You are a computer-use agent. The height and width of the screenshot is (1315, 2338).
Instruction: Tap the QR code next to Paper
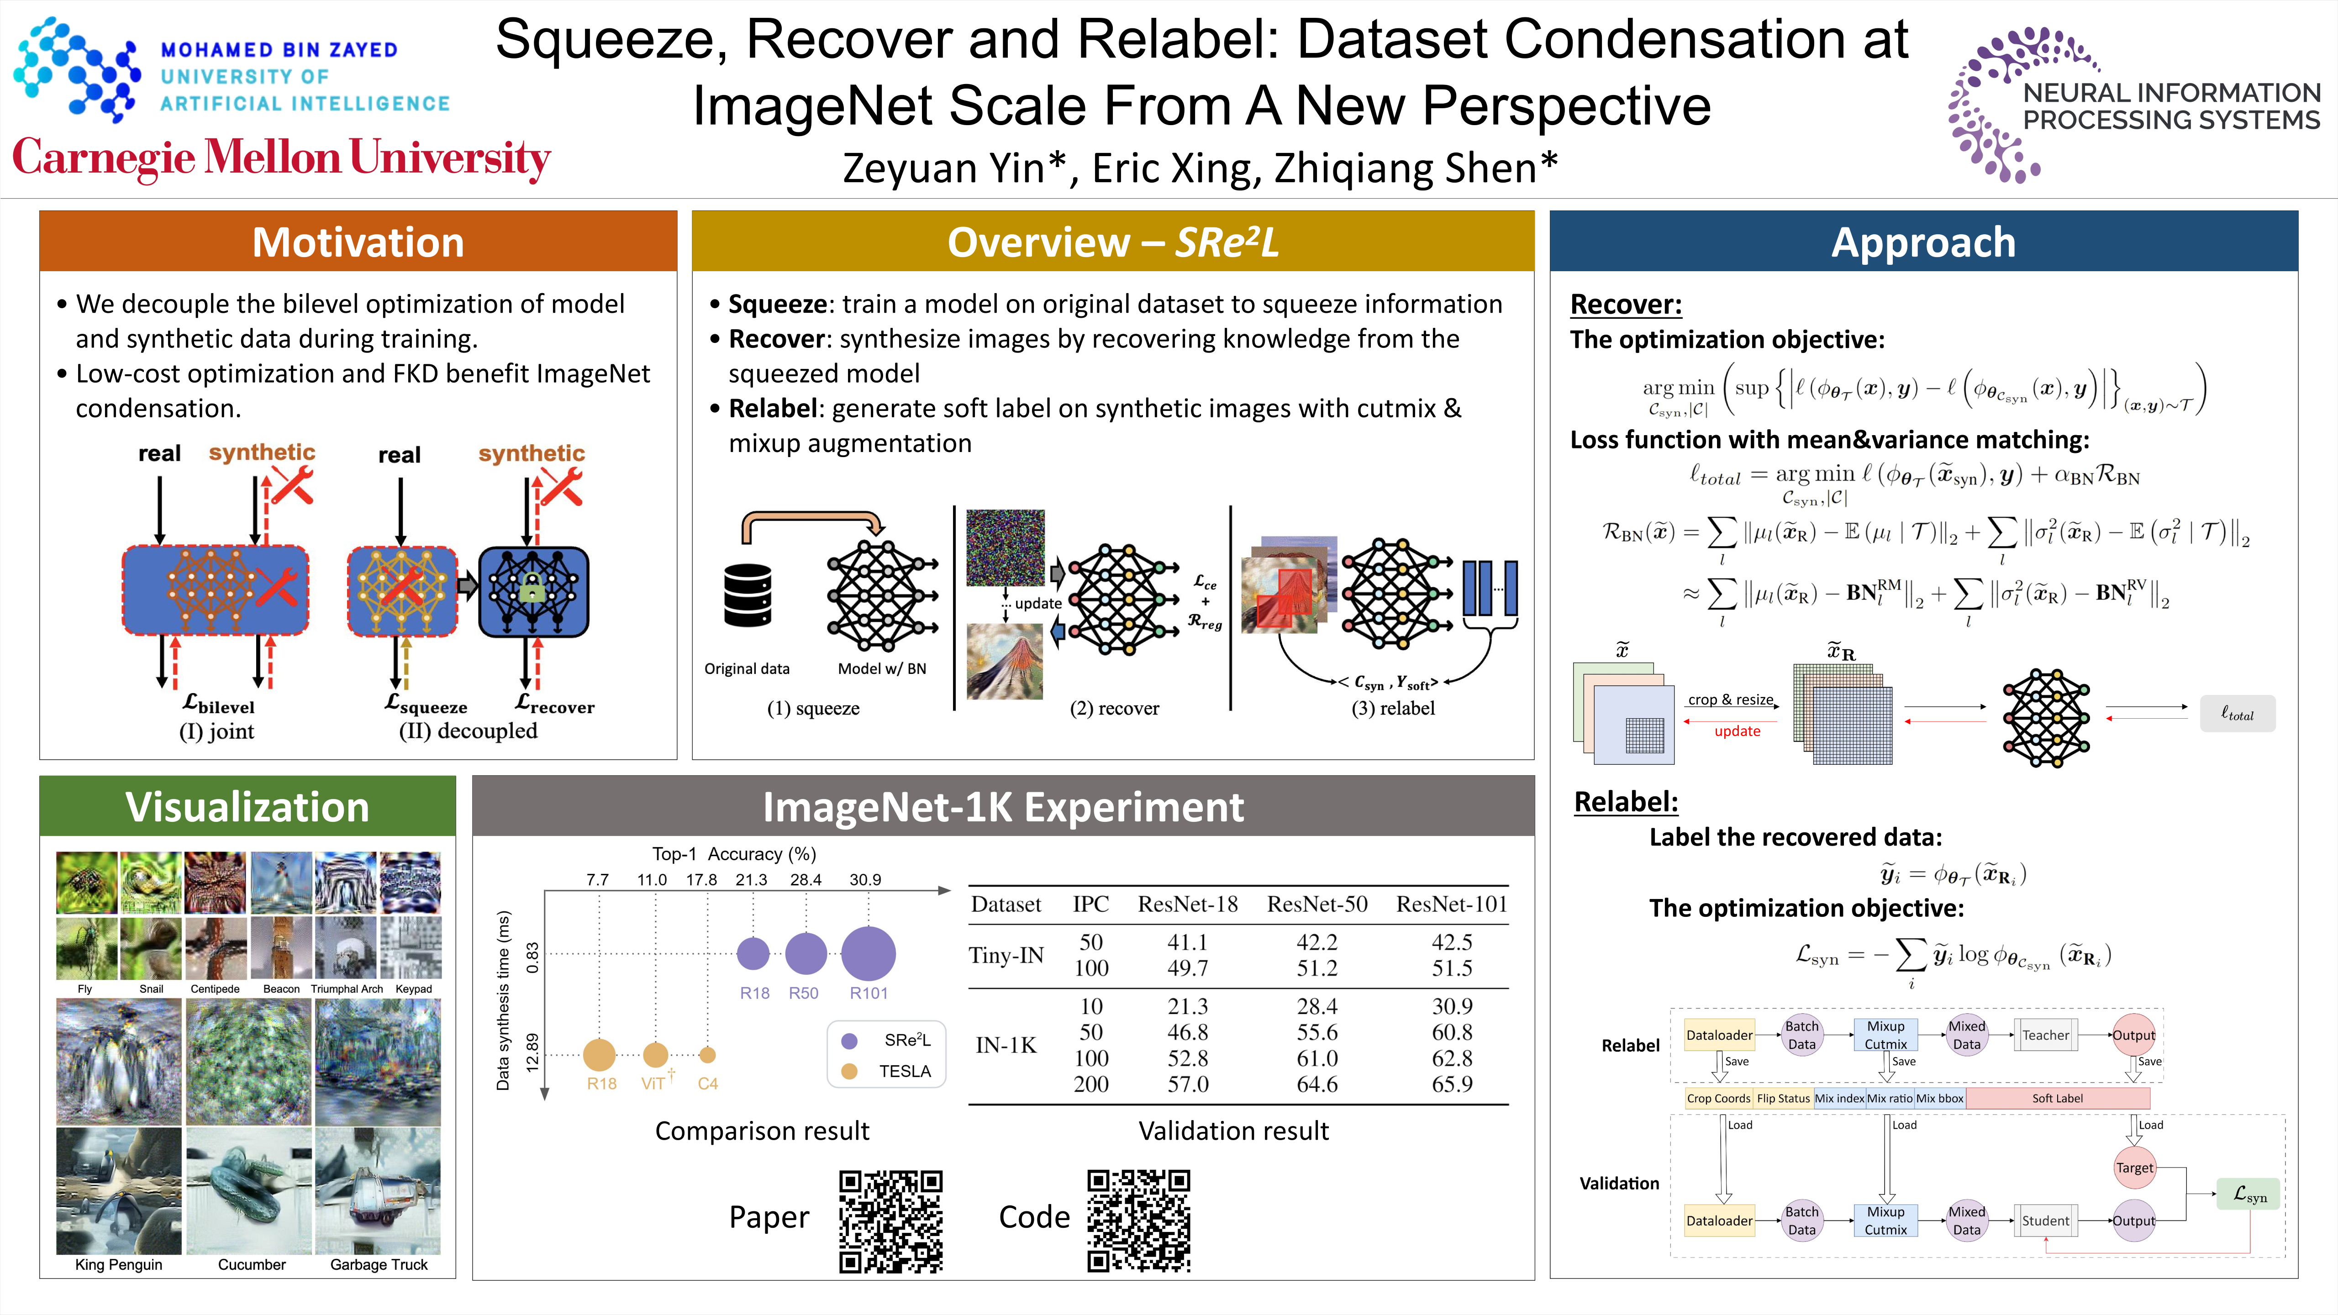point(890,1220)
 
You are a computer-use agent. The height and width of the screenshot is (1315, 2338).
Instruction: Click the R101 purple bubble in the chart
point(869,953)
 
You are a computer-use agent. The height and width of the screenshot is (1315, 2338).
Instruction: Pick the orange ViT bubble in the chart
point(655,1055)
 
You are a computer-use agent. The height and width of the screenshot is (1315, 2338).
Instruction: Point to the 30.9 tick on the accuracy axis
point(865,879)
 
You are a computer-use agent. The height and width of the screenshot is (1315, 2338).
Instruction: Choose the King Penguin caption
point(119,1264)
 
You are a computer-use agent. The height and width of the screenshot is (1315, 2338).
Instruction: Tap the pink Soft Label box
point(2057,1098)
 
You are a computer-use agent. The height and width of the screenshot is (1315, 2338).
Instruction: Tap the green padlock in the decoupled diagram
point(533,591)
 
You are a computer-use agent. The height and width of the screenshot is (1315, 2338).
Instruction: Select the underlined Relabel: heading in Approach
point(1626,801)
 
